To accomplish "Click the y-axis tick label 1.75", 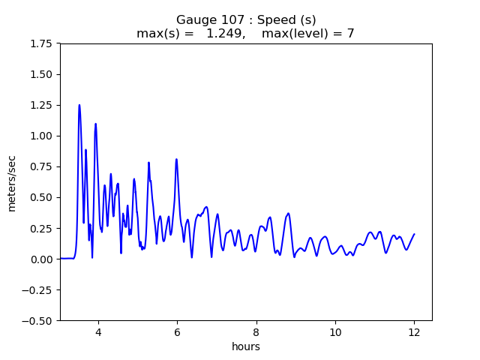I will click(42, 44).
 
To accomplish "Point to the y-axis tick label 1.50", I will click(42, 75).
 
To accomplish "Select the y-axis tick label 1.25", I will click(42, 106).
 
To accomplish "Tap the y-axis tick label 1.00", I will click(42, 136).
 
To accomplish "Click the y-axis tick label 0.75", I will click(42, 167).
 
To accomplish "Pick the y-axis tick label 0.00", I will click(42, 259).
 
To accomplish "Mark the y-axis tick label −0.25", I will click(39, 290).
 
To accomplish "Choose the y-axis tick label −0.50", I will click(39, 321).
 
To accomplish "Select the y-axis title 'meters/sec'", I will click(12, 182).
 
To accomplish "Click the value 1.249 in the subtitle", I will click(223, 34).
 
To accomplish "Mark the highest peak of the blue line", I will click(79, 106).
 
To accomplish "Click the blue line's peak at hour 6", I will click(176, 159).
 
